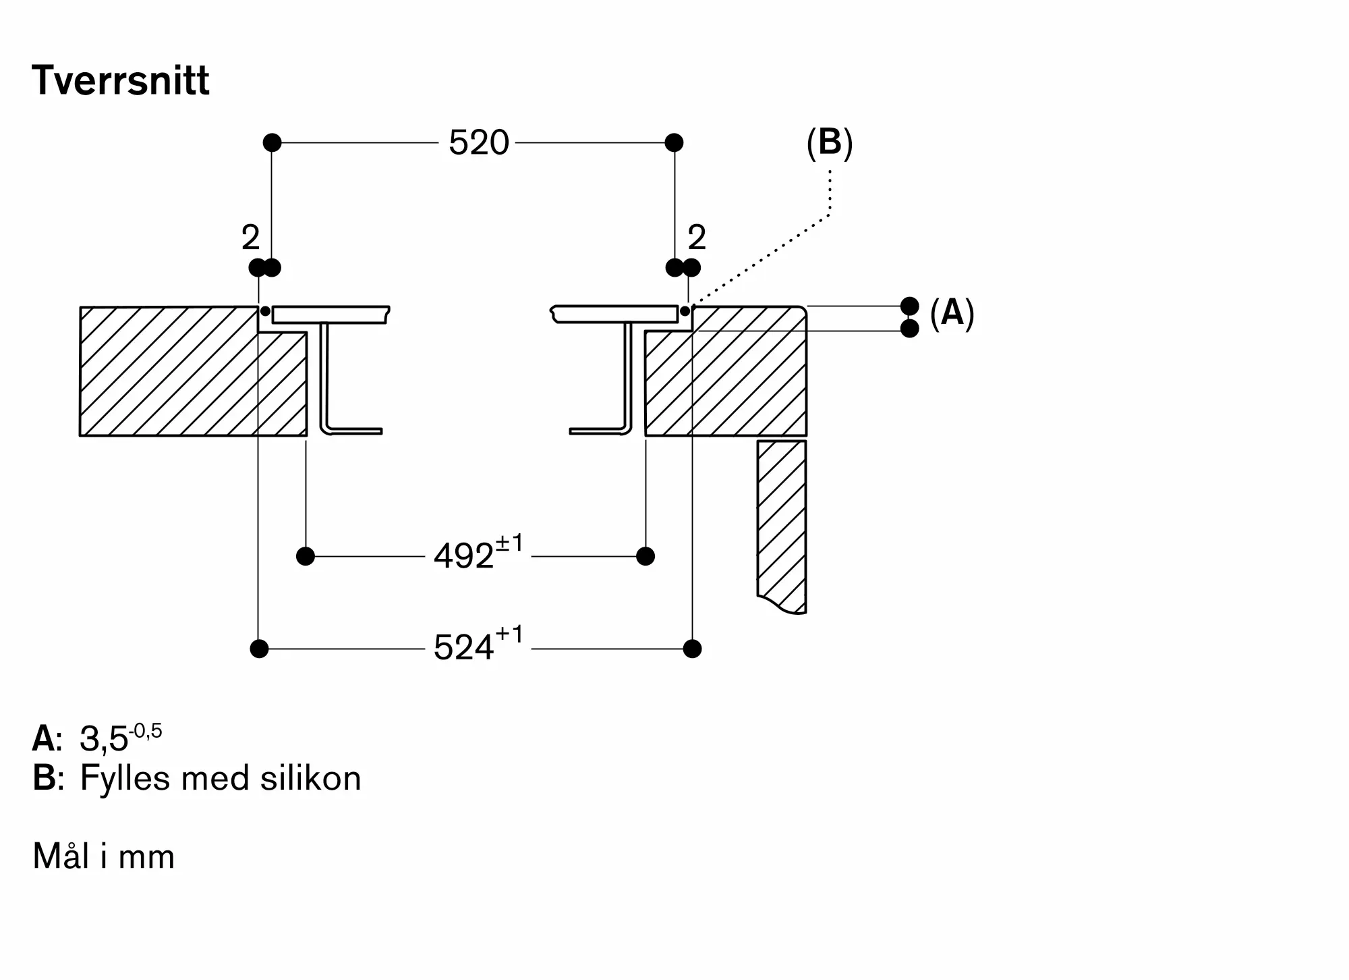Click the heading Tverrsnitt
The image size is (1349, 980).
120,80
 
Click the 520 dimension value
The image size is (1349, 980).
478,143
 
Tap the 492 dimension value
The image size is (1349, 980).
463,557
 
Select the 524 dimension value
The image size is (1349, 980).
463,648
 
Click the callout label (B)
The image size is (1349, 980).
830,143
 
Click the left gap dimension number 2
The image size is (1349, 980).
250,238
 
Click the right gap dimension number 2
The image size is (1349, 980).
697,238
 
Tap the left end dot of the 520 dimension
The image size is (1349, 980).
272,142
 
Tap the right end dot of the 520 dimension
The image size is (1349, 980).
674,142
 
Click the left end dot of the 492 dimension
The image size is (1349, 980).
306,556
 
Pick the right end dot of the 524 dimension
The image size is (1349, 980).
692,649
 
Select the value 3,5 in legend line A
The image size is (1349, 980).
104,739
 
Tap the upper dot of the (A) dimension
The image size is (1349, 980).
910,306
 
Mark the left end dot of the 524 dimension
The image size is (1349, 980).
259,649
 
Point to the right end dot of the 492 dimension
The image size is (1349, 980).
645,556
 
